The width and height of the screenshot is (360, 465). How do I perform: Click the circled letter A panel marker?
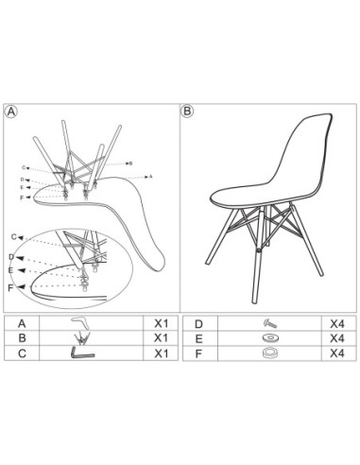[x=12, y=111]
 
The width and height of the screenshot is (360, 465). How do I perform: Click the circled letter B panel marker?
[x=187, y=111]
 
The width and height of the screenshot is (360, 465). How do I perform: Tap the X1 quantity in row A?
[x=161, y=322]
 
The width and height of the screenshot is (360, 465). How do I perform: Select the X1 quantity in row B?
[x=161, y=337]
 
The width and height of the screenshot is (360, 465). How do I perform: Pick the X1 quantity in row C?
[x=161, y=353]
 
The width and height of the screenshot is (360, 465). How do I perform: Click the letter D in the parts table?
[x=197, y=322]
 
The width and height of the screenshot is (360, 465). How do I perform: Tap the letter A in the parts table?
[x=22, y=322]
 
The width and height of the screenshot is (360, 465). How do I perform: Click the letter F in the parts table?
[x=197, y=353]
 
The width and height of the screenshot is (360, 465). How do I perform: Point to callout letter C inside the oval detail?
[x=13, y=235]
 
